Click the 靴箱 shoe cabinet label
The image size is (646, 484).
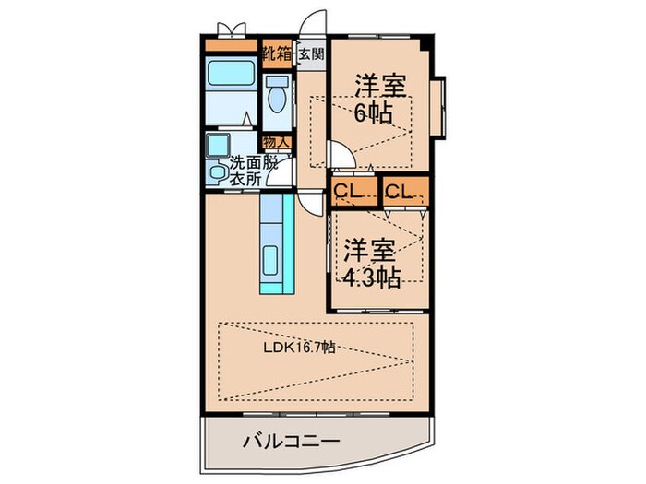tap(276, 53)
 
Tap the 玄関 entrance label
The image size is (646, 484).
tap(311, 53)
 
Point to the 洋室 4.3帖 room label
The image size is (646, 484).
tap(372, 263)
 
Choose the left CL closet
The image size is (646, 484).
tap(352, 192)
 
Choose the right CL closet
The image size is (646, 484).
tap(404, 192)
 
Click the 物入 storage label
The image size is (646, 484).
tap(275, 142)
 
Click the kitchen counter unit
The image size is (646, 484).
tap(275, 244)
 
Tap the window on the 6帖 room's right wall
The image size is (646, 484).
tap(445, 104)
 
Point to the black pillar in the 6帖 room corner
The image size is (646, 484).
tap(424, 44)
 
